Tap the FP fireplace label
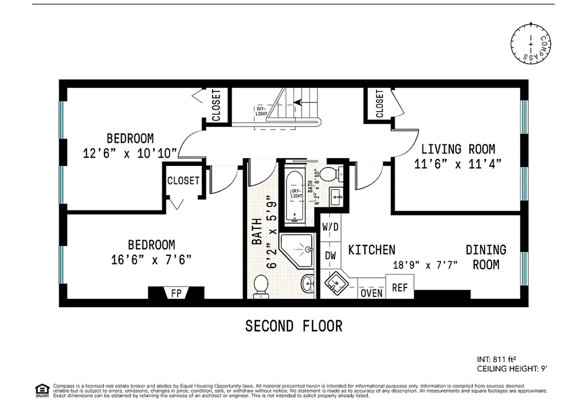click(176, 293)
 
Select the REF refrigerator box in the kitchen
click(399, 287)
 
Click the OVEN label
click(371, 293)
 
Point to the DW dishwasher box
click(330, 255)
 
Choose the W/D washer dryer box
click(330, 227)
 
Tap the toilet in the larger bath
click(260, 287)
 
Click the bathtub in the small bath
click(295, 195)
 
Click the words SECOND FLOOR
click(294, 326)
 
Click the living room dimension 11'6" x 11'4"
click(458, 164)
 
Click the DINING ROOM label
click(486, 257)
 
